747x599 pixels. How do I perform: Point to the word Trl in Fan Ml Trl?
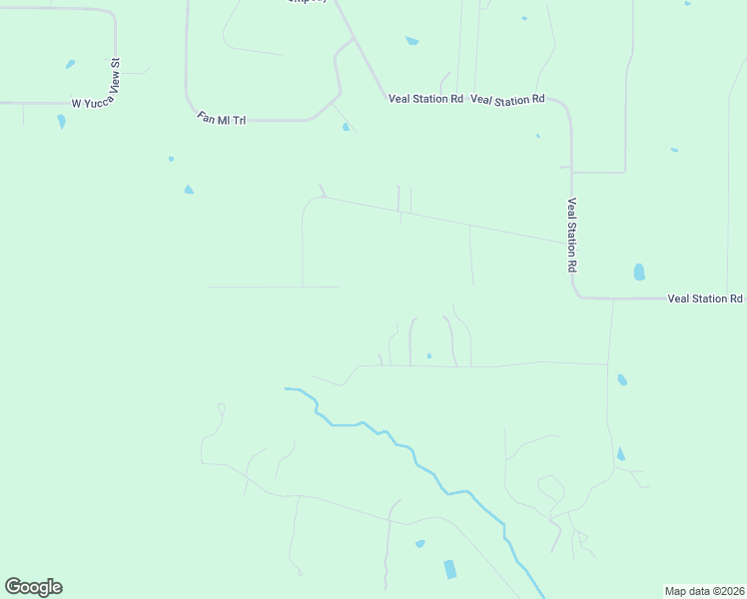pyautogui.click(x=238, y=120)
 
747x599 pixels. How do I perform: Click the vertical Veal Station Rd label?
pyautogui.click(x=572, y=236)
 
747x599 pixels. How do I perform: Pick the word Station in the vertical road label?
pyautogui.click(x=572, y=237)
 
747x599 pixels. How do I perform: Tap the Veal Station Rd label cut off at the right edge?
pyautogui.click(x=705, y=299)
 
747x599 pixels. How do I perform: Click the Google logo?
pyautogui.click(x=33, y=587)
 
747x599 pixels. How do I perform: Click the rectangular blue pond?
pyautogui.click(x=449, y=569)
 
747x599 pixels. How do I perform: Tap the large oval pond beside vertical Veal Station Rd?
pyautogui.click(x=639, y=272)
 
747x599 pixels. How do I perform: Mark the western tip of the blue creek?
pyautogui.click(x=287, y=388)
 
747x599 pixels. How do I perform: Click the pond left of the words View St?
pyautogui.click(x=70, y=65)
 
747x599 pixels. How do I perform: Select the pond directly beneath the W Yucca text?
pyautogui.click(x=62, y=122)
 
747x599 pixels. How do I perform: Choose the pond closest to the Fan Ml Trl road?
pyautogui.click(x=346, y=127)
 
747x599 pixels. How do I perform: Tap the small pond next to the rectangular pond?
pyautogui.click(x=420, y=544)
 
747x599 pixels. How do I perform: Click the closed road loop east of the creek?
pyautogui.click(x=550, y=488)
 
